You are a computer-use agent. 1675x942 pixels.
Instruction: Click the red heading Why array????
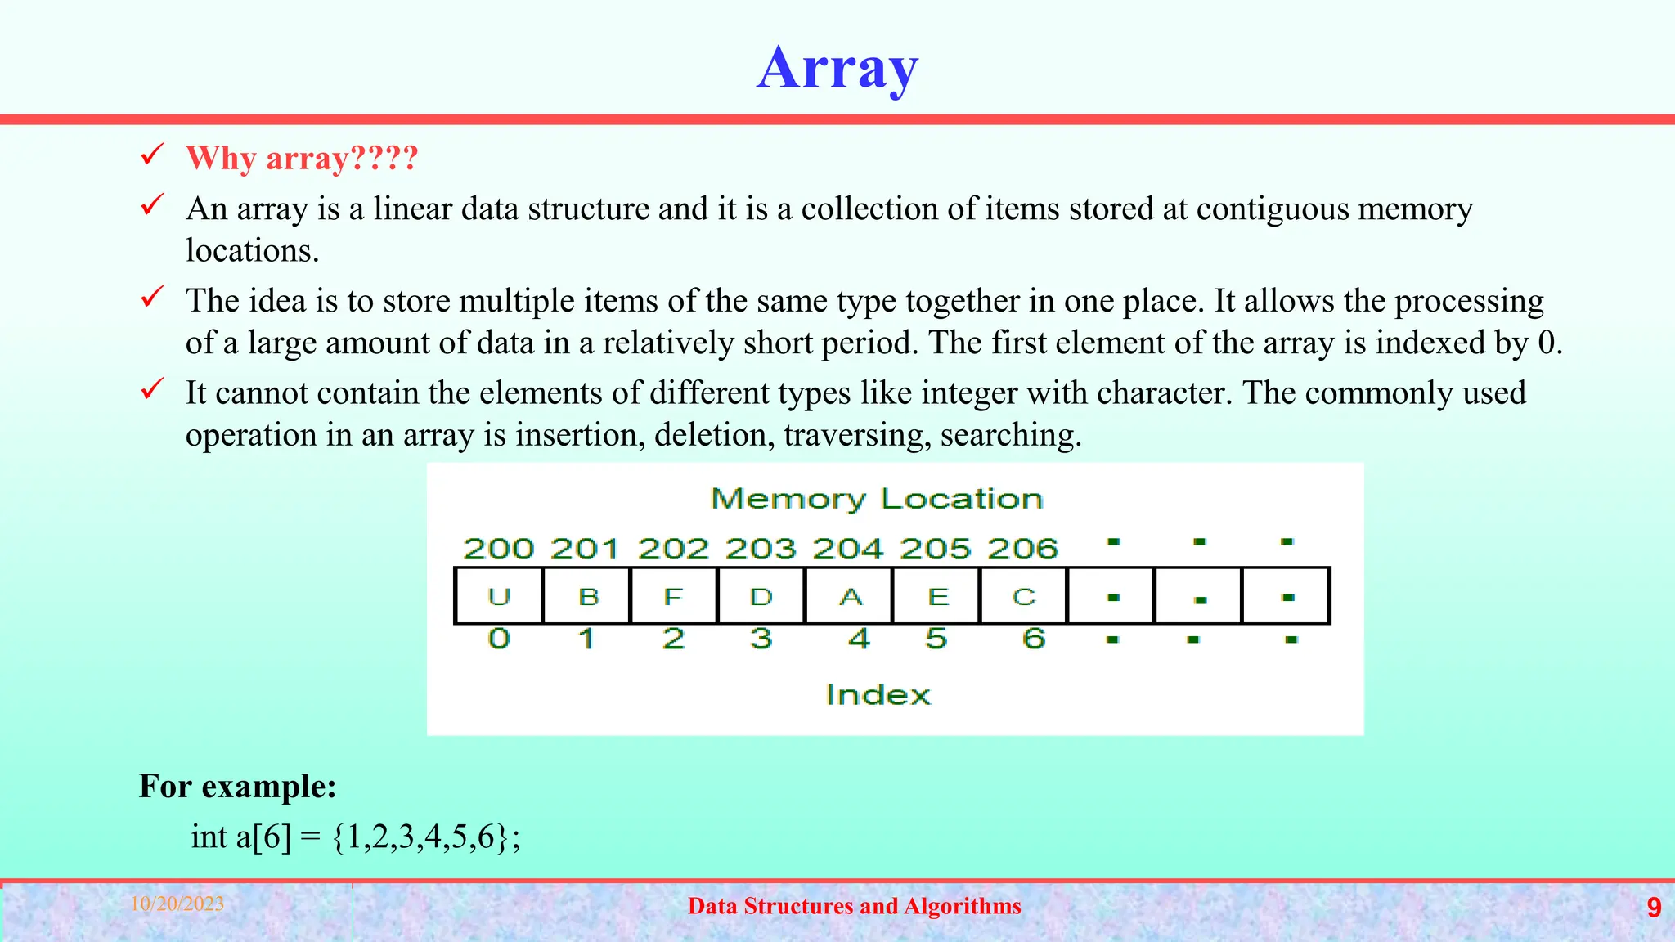pos(302,158)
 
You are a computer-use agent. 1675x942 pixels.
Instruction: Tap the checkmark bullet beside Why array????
pos(152,155)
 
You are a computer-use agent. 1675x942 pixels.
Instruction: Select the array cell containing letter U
pos(499,596)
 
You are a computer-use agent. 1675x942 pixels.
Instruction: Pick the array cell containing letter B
pos(587,596)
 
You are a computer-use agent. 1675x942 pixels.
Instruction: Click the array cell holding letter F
pos(674,596)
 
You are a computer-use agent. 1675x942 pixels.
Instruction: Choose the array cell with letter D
pos(761,596)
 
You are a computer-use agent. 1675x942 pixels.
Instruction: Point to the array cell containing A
pos(850,596)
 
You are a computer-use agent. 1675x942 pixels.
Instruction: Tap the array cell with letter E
pos(937,596)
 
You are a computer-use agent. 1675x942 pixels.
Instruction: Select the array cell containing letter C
pos(1024,596)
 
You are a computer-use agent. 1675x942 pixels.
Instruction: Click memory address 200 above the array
pos(498,549)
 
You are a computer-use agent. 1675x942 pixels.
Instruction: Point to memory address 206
pos(1022,549)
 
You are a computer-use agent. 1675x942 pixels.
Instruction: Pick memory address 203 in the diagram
pos(761,549)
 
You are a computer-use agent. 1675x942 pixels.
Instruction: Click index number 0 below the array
pos(499,638)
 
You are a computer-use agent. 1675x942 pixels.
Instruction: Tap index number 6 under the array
pos(1034,638)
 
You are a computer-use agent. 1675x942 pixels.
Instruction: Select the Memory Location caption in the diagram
pos(877,499)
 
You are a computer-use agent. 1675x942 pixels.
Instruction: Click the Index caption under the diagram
pos(878,695)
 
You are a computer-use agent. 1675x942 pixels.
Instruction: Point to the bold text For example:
pos(237,786)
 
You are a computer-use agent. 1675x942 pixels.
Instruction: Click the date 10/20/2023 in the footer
pos(177,904)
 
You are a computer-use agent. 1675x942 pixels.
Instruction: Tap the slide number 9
pos(1654,908)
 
